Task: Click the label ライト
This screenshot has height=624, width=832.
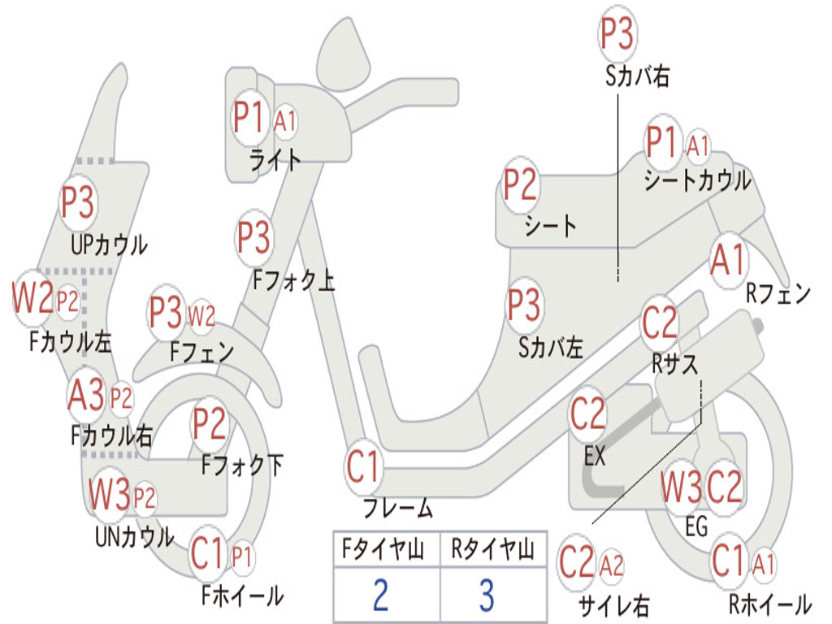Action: pos(275,160)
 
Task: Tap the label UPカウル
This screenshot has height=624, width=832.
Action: pos(110,245)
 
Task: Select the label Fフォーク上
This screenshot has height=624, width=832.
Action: pos(293,280)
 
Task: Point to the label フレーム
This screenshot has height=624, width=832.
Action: pos(398,508)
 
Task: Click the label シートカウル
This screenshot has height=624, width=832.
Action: pos(698,180)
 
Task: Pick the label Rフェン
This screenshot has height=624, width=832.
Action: pos(778,292)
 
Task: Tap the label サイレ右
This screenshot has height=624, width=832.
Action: pos(614,605)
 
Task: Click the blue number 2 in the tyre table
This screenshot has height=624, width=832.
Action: pos(381,595)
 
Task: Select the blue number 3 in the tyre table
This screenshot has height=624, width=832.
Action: pos(487,595)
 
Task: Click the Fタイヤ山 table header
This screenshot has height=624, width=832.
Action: pos(383,549)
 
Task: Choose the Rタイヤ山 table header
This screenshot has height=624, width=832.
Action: pos(493,549)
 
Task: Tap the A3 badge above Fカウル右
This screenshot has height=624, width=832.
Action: pos(86,396)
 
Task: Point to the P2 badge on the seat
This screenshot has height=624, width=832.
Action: pos(520,184)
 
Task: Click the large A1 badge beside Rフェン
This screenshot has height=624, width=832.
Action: pos(729,260)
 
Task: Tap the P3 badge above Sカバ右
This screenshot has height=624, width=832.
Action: pos(617,33)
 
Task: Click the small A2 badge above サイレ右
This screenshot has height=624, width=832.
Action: pos(611,566)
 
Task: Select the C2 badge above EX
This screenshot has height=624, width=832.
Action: pos(588,414)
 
